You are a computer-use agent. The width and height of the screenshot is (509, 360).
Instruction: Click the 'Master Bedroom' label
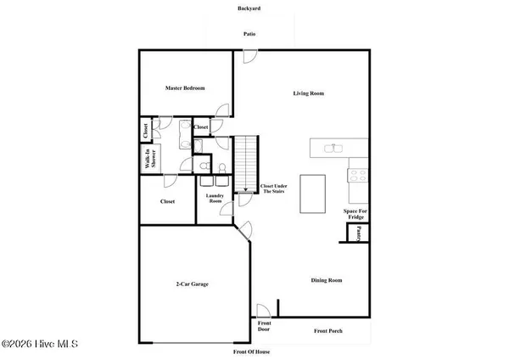[x=184, y=88]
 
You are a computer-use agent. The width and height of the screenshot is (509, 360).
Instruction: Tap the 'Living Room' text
[x=309, y=93]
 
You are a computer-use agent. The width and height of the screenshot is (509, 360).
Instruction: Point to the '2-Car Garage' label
[x=193, y=284]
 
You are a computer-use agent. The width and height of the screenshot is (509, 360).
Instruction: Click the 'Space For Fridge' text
[x=355, y=213]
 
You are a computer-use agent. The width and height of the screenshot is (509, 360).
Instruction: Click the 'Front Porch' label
[x=329, y=330]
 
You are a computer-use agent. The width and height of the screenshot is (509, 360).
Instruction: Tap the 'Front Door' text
[x=264, y=328]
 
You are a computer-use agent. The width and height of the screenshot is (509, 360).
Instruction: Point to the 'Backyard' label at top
[x=249, y=8]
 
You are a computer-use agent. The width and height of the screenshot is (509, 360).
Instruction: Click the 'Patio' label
[x=249, y=34]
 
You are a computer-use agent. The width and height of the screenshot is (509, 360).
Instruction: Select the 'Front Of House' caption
[x=252, y=351]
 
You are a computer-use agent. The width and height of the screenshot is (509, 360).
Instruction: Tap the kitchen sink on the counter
[x=334, y=148]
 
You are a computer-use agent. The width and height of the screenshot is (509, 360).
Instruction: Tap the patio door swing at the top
[x=248, y=55]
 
